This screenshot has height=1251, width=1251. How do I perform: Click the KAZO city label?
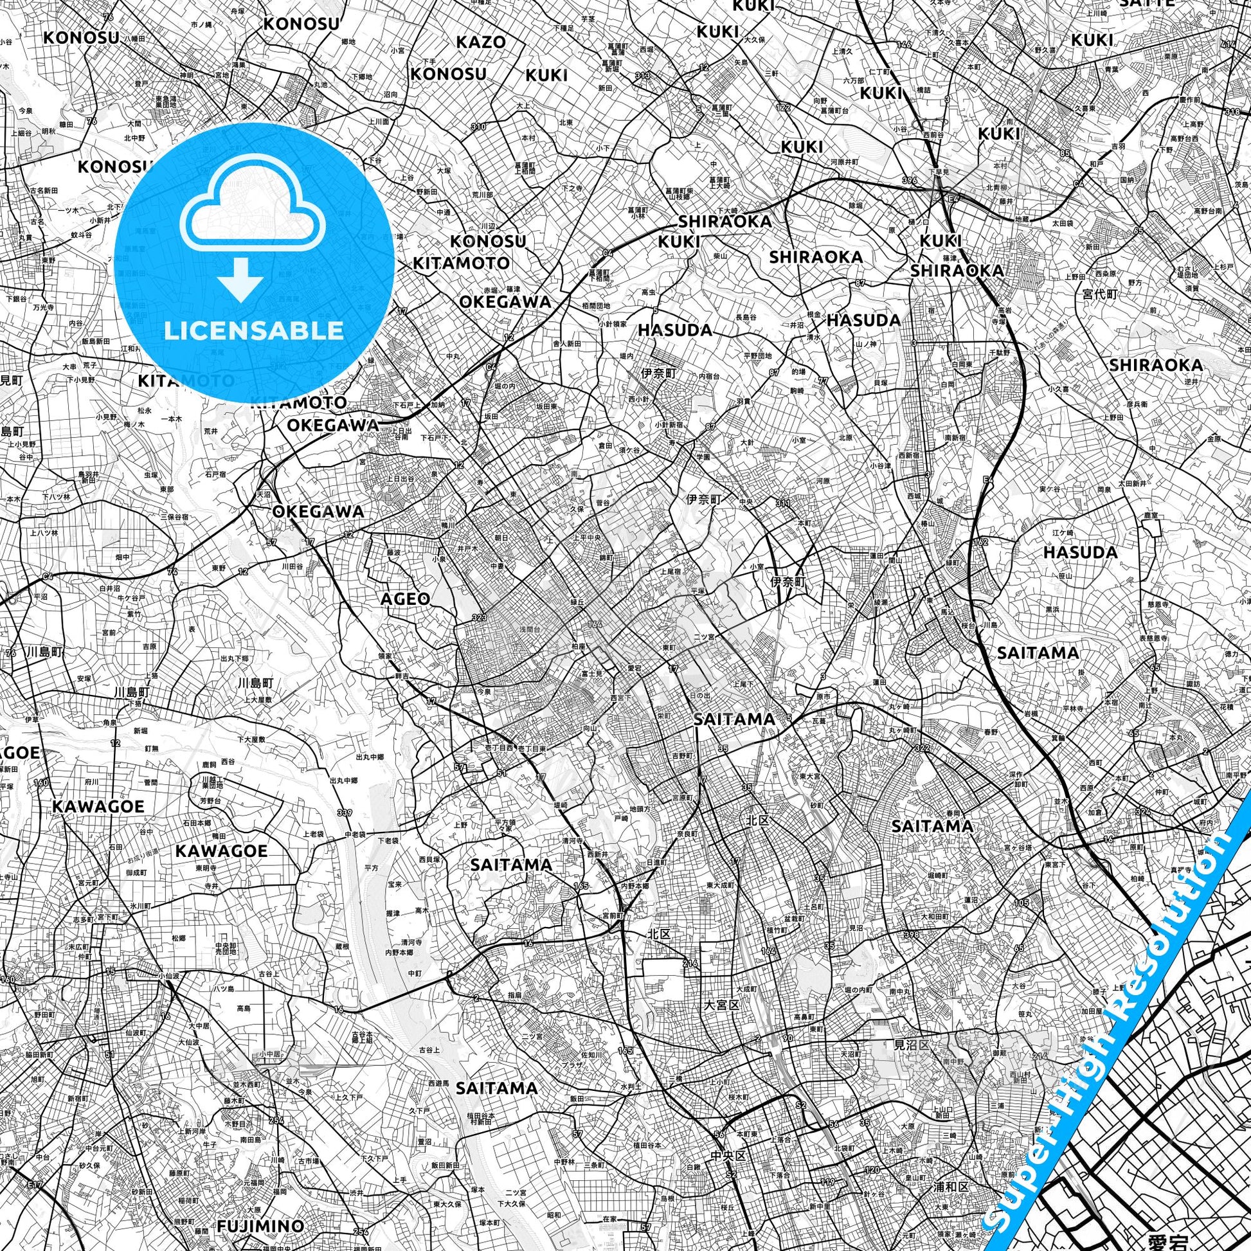click(x=480, y=42)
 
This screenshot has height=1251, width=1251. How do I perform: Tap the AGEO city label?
click(x=405, y=599)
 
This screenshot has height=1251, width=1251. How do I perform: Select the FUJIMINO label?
click(x=260, y=1208)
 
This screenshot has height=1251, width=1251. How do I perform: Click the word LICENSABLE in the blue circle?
click(x=254, y=331)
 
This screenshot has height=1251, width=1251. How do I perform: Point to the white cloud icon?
click(x=254, y=206)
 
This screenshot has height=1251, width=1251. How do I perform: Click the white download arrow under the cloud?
click(x=240, y=279)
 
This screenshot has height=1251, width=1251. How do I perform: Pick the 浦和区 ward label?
click(x=951, y=1169)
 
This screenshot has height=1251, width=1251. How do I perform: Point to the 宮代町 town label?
click(x=1100, y=294)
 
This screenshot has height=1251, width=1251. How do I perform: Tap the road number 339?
click(x=345, y=813)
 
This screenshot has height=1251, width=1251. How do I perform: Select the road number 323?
click(x=479, y=617)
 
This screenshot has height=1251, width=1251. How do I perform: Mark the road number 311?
click(x=784, y=503)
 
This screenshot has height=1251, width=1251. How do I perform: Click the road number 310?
click(x=478, y=126)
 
